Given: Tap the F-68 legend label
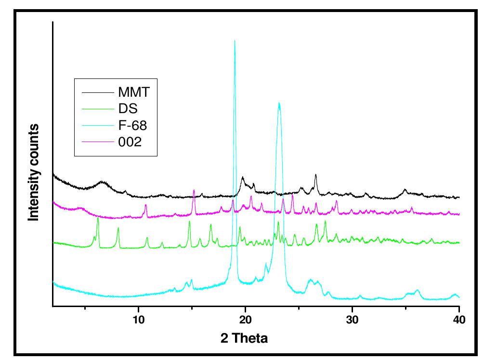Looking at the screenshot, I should click(x=132, y=125).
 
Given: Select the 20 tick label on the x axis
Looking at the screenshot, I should click(x=245, y=320).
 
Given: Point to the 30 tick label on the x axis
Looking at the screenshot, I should click(x=352, y=320).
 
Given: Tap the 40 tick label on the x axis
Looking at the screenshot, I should click(x=459, y=320).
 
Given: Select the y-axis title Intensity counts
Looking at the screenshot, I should click(x=34, y=172).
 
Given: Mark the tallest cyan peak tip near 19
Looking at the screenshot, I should click(x=235, y=41).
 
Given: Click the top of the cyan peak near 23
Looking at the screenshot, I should click(x=279, y=103).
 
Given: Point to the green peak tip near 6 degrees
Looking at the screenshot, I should click(x=98, y=218).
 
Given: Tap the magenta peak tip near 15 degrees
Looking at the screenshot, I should click(x=194, y=190).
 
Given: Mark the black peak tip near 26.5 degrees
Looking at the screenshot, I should click(x=315, y=175).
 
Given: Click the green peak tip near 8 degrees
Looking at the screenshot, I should click(x=118, y=229).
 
